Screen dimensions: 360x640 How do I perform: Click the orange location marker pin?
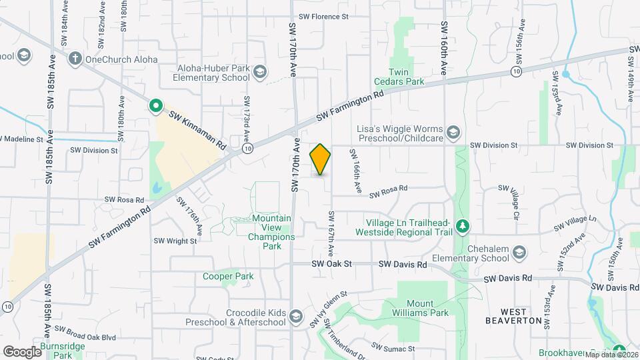320,159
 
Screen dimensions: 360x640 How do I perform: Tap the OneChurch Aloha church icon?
75,59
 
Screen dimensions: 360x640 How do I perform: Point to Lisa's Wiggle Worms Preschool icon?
453,131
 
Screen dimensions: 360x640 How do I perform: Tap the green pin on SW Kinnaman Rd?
155,105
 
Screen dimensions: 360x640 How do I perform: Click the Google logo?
22,351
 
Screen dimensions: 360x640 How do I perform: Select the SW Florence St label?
323,16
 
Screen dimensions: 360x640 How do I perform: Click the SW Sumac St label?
393,348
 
